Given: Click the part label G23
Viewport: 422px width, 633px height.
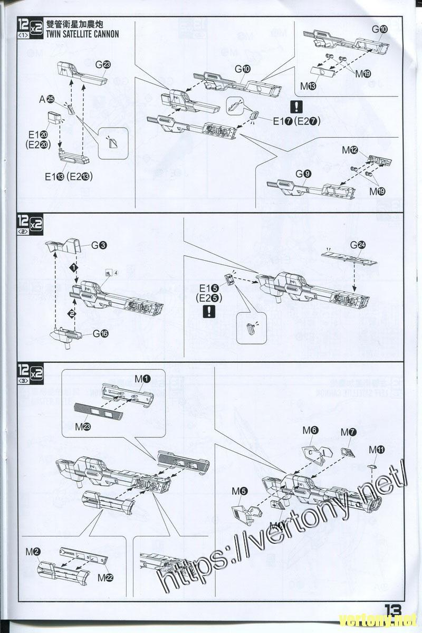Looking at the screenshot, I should coord(103,65).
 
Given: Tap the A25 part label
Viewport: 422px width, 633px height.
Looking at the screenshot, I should coord(47,99).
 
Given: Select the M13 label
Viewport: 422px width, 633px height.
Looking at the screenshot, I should coord(308,85).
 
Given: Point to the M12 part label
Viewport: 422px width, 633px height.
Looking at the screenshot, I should coord(350,150).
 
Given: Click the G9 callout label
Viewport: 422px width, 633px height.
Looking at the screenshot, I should coord(303,174).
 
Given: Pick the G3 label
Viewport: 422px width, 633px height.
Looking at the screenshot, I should coord(99,245).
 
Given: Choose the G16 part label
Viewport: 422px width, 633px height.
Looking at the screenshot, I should coord(100,333).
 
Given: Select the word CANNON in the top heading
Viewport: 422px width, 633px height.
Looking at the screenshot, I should coord(102,34).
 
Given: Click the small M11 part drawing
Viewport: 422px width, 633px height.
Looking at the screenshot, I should coord(372,466).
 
